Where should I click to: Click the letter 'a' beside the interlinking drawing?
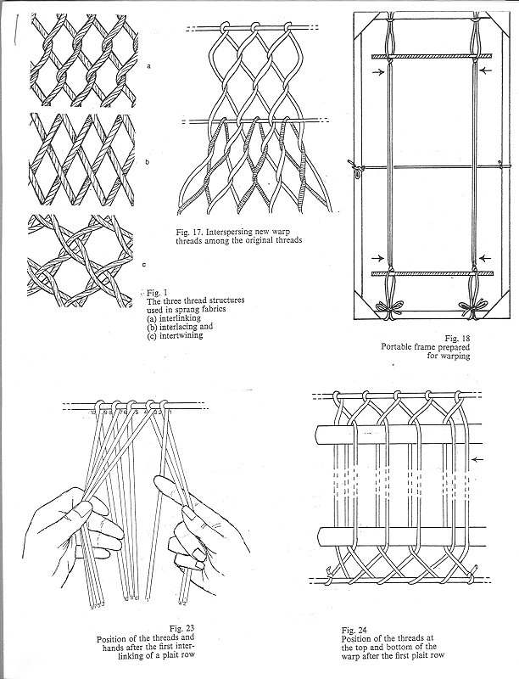point(148,65)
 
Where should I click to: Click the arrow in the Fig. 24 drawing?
point(482,459)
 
